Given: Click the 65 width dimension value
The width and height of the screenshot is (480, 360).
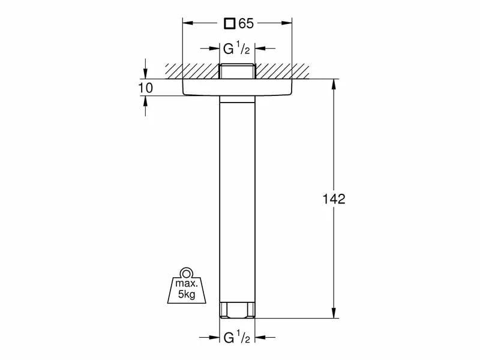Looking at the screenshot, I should (x=246, y=24).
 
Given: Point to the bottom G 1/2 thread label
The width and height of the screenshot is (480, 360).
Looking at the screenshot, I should (x=238, y=338).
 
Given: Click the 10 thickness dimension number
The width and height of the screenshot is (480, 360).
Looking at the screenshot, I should (x=145, y=88).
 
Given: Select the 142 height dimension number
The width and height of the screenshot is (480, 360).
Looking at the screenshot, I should (x=334, y=199).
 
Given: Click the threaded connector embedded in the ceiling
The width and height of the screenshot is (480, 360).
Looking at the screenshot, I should (x=238, y=71).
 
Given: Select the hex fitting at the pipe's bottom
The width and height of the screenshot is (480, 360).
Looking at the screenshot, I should (x=238, y=311).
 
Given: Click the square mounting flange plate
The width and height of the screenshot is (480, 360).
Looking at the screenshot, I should (x=238, y=88).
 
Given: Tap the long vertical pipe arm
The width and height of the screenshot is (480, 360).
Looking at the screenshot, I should (x=238, y=198).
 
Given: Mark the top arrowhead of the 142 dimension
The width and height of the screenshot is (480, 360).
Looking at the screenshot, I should (x=334, y=83).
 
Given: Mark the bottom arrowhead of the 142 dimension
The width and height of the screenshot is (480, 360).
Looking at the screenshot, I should (x=334, y=314).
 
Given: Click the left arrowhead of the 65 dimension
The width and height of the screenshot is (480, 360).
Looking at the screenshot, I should (x=187, y=24).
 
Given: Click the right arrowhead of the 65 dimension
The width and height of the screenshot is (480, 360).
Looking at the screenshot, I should (x=289, y=24).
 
